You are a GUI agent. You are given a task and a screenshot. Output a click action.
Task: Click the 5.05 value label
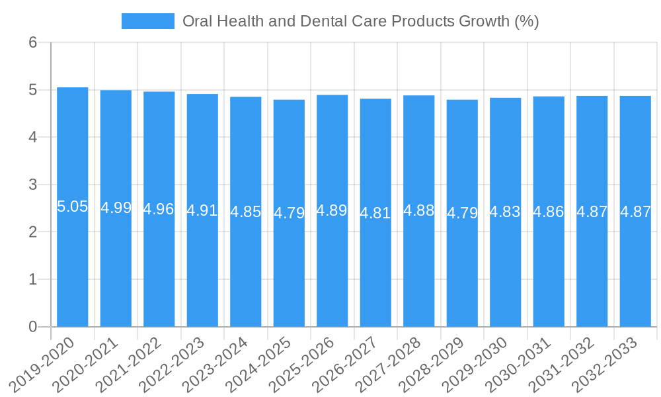click(73, 206)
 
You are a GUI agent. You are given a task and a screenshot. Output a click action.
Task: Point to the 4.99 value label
click(116, 208)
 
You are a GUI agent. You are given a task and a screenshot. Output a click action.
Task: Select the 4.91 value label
click(202, 210)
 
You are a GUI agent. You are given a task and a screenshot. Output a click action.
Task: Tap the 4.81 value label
click(375, 213)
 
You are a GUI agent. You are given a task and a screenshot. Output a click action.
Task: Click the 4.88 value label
click(419, 210)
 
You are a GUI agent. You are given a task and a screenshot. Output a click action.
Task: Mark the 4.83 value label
click(506, 212)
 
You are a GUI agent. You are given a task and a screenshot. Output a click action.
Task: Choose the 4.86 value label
click(549, 212)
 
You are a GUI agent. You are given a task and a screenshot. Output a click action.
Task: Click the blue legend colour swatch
click(148, 21)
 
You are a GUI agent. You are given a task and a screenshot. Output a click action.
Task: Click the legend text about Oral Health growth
click(361, 21)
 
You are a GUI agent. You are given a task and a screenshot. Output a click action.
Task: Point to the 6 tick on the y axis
click(33, 42)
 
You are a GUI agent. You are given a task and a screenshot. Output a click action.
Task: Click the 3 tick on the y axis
click(33, 185)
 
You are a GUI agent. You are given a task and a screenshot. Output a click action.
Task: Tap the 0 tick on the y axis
click(33, 327)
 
